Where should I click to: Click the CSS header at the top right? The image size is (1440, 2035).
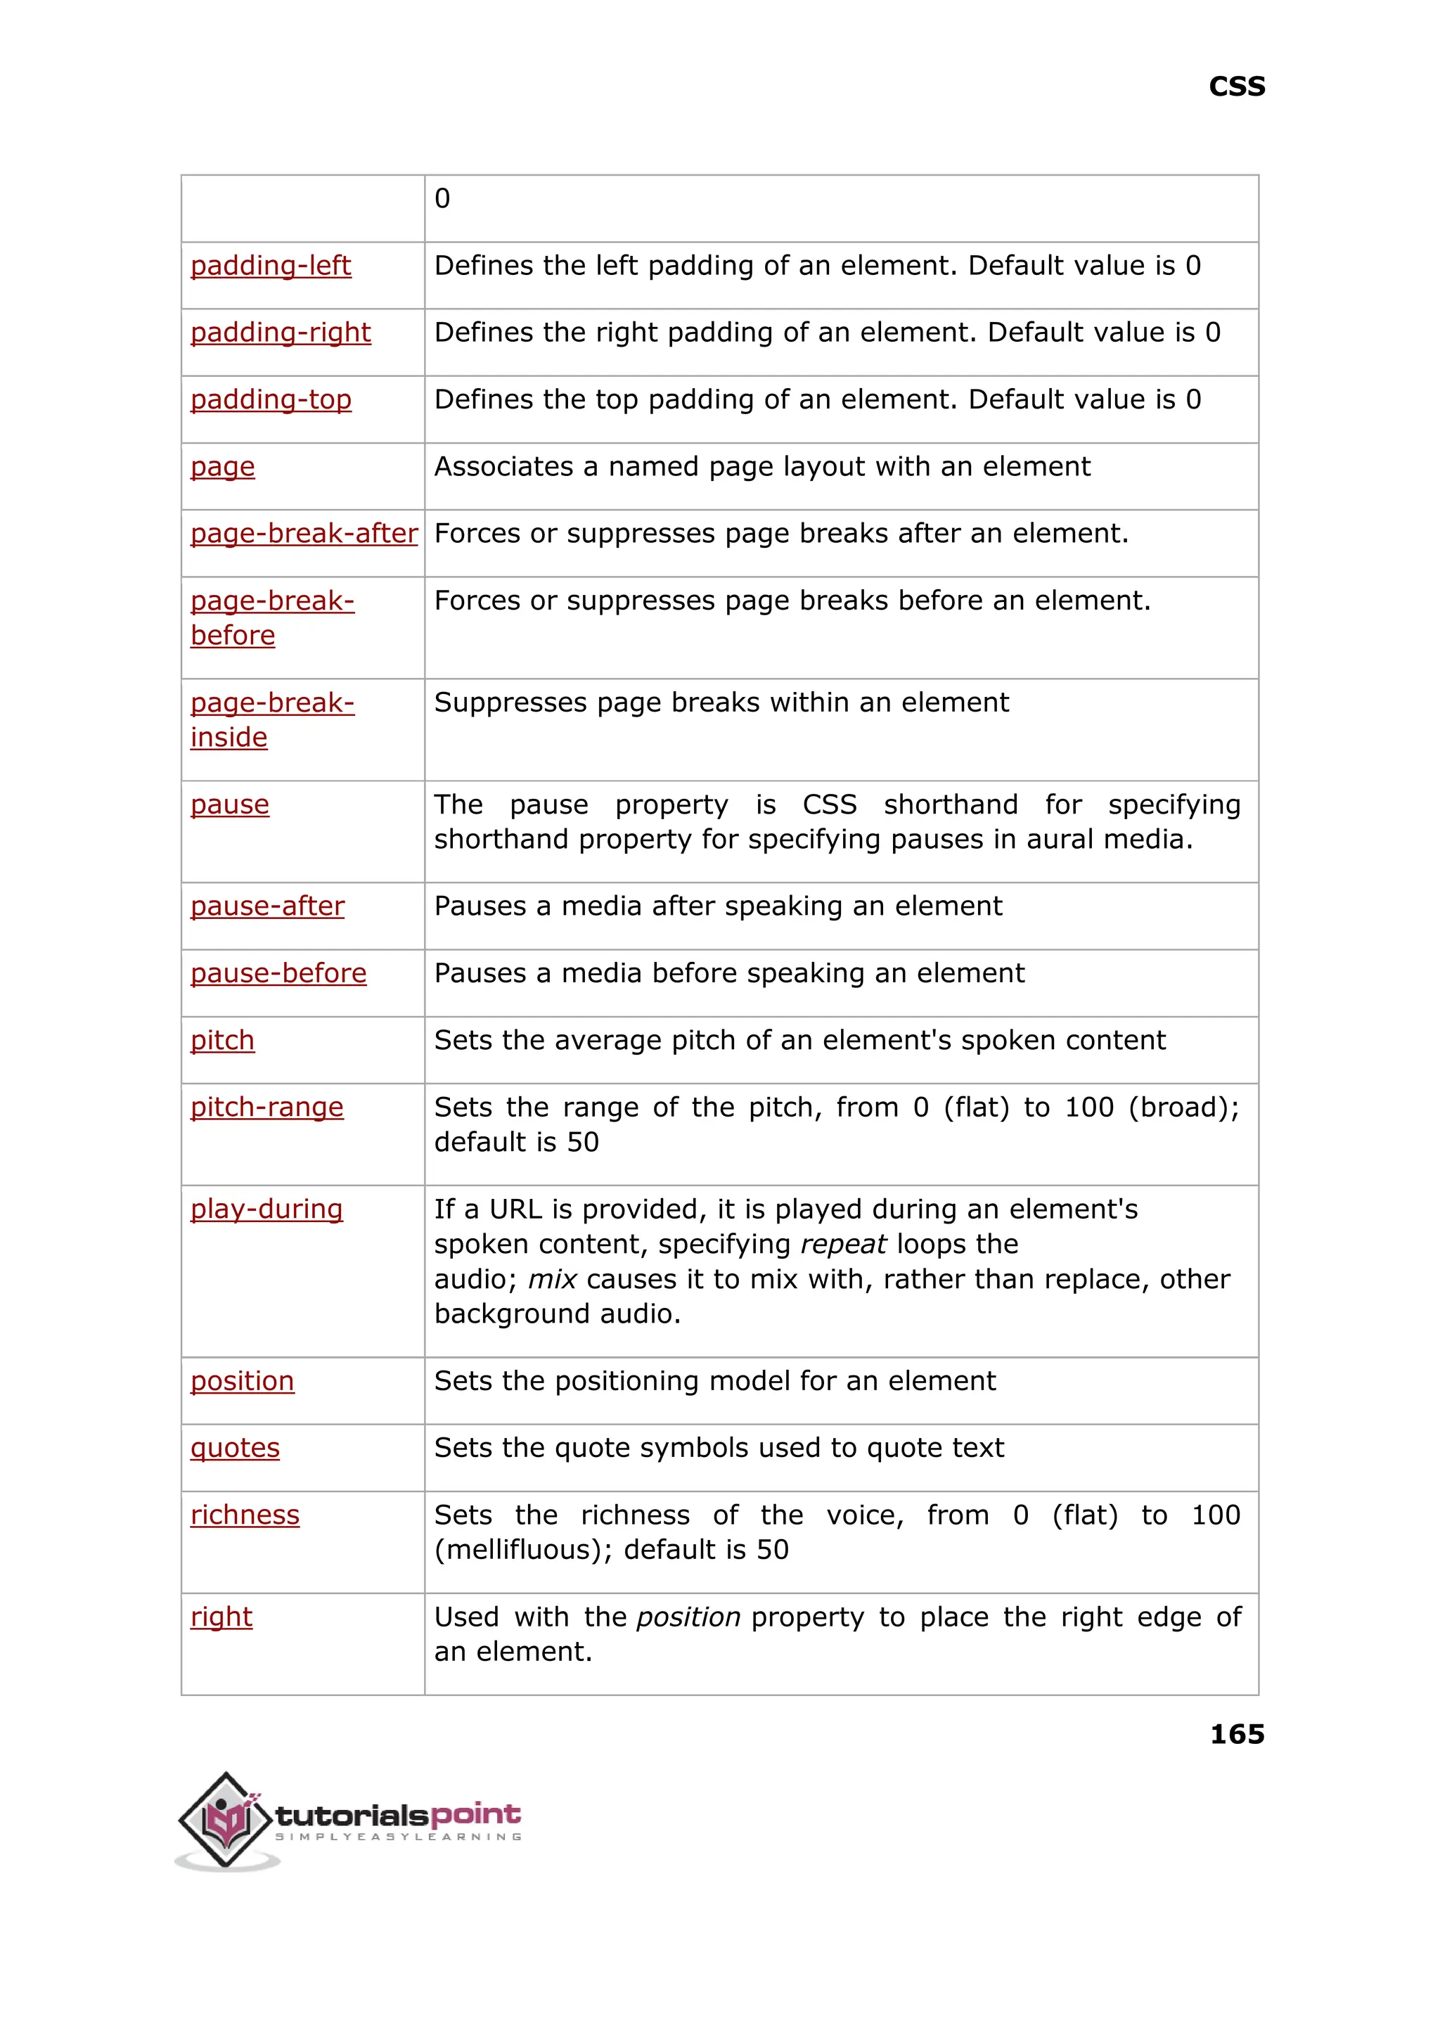[x=1236, y=87]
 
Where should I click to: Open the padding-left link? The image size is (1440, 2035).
[x=271, y=265]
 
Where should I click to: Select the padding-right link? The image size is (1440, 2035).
[x=281, y=333]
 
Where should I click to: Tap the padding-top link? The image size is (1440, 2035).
[x=271, y=400]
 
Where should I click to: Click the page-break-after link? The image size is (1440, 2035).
[x=303, y=533]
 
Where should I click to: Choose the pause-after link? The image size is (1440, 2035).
[x=267, y=906]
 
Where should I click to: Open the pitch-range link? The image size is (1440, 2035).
[x=267, y=1107]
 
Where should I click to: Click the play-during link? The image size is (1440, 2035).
[x=266, y=1209]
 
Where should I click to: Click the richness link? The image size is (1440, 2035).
[x=245, y=1515]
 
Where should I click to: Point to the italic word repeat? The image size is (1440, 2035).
[x=842, y=1244]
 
